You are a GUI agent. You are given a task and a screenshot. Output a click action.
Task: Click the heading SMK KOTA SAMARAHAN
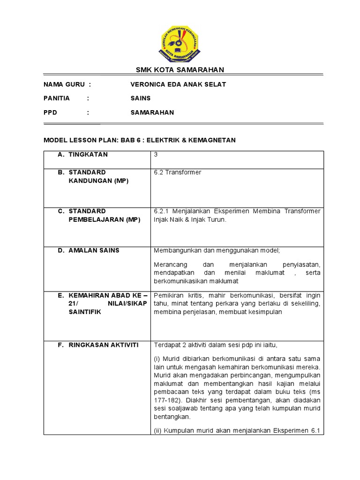(x=180, y=70)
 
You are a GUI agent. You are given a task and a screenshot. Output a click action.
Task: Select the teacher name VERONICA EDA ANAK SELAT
(x=178, y=84)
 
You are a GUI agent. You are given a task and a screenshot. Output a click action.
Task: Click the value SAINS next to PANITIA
(x=141, y=98)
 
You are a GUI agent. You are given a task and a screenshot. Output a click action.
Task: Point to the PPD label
(x=50, y=112)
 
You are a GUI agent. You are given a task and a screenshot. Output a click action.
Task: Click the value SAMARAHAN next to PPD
(x=152, y=112)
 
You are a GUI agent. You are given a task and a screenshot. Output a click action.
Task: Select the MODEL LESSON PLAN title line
(x=140, y=140)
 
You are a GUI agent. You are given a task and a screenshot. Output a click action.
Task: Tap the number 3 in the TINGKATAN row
(x=156, y=155)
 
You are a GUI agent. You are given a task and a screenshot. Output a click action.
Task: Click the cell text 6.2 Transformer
(x=177, y=172)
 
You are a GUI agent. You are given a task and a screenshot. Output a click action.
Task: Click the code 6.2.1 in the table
(x=162, y=211)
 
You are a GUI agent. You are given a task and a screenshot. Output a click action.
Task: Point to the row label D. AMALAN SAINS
(x=89, y=250)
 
